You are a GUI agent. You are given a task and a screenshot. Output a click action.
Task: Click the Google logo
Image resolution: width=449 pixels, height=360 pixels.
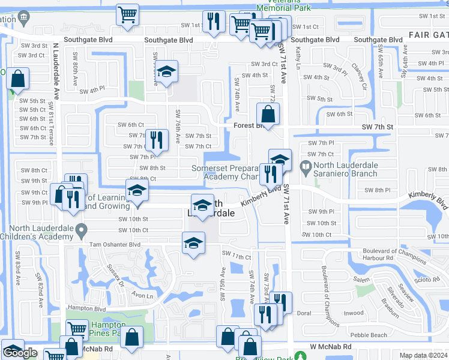click(20, 353)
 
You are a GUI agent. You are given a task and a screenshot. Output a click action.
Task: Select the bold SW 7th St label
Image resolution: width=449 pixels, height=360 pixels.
click(377, 127)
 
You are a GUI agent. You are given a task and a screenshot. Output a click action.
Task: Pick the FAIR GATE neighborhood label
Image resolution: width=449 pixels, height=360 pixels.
click(426, 35)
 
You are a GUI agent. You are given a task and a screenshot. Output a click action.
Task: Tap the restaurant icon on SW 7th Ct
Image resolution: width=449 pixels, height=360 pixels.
click(155, 141)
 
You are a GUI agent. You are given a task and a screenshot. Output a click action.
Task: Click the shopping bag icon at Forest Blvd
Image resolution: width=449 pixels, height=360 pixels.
click(268, 113)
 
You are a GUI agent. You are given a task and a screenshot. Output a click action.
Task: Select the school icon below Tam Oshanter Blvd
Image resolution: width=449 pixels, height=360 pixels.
click(193, 244)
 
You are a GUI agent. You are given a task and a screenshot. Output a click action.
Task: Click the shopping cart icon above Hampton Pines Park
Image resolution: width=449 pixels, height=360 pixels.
click(77, 329)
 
